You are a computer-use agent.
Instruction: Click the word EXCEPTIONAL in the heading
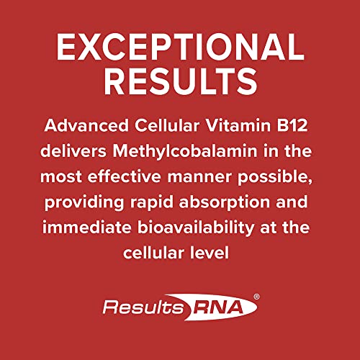(x=180, y=48)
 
